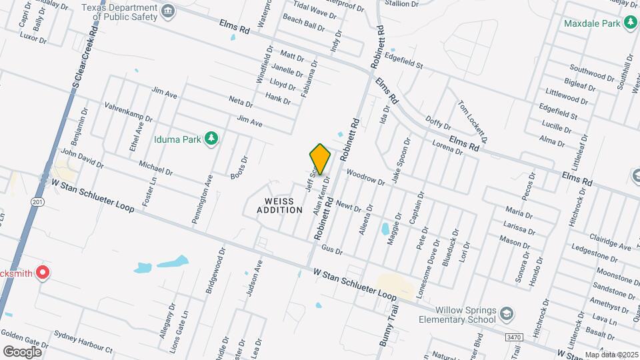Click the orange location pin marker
pyautogui.click(x=320, y=159)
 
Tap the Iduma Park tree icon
pyautogui.click(x=211, y=138)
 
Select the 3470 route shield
pyautogui.click(x=513, y=339)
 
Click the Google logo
pyautogui.click(x=22, y=351)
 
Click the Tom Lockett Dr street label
pyautogui.click(x=473, y=121)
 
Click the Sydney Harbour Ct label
pyautogui.click(x=83, y=340)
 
